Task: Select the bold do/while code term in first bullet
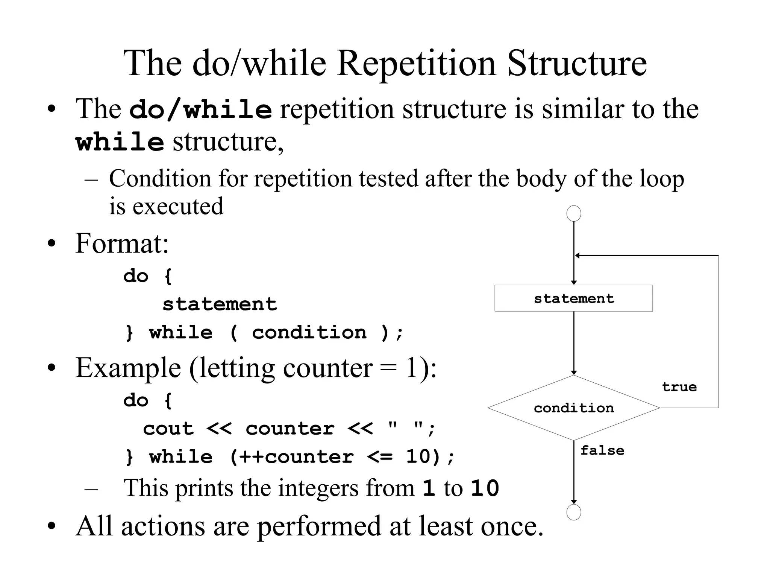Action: (x=200, y=110)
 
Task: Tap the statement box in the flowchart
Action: (x=573, y=298)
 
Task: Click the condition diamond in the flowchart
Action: (x=573, y=408)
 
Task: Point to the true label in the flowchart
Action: (x=679, y=387)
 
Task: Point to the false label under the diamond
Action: (x=602, y=450)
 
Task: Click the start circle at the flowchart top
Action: (x=573, y=213)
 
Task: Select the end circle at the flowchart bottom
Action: (x=573, y=512)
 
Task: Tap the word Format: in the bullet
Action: (x=122, y=243)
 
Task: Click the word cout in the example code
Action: (x=168, y=429)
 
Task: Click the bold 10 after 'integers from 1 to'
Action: (x=485, y=488)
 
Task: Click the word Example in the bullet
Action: (x=128, y=368)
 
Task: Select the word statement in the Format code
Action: (x=220, y=304)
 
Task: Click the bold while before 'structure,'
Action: (x=120, y=143)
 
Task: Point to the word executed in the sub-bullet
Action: (x=178, y=206)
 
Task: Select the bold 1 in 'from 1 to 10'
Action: (x=429, y=488)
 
